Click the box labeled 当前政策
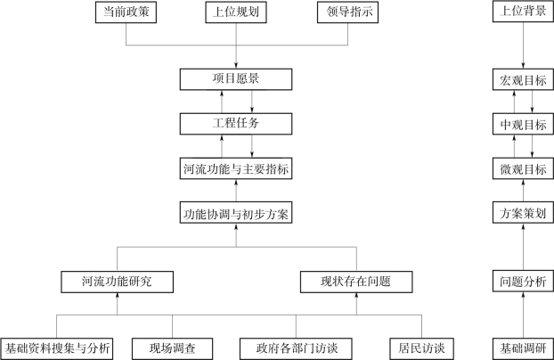click(126, 13)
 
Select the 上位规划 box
click(235, 13)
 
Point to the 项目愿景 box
click(236, 79)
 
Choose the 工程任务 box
click(236, 122)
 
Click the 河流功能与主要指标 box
click(236, 168)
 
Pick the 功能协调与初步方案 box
click(235, 214)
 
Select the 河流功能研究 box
click(117, 282)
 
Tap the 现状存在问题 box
click(355, 282)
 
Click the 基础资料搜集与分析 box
click(58, 348)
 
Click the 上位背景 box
click(523, 13)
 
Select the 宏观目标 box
click(523, 79)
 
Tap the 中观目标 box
click(523, 122)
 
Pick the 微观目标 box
click(523, 168)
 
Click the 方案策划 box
click(523, 214)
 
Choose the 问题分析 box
click(523, 282)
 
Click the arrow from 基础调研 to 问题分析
click(523, 315)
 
